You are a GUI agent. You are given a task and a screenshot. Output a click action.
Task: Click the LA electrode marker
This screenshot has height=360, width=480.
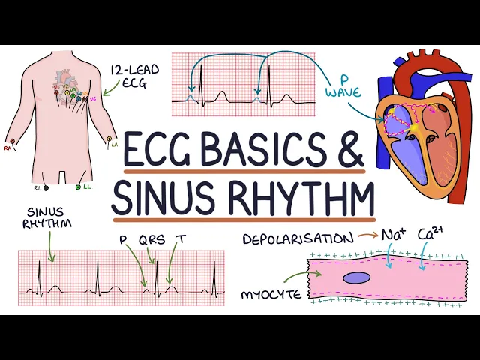111,139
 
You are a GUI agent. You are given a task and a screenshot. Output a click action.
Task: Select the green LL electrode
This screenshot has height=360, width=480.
78,187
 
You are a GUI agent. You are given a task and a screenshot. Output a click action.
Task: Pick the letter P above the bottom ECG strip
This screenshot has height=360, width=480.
123,240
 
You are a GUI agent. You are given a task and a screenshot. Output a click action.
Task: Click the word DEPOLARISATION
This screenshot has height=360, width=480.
298,238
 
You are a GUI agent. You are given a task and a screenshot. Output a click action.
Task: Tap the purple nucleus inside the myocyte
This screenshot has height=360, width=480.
357,277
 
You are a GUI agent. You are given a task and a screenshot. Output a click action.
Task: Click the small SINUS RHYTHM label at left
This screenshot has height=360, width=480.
45,218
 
